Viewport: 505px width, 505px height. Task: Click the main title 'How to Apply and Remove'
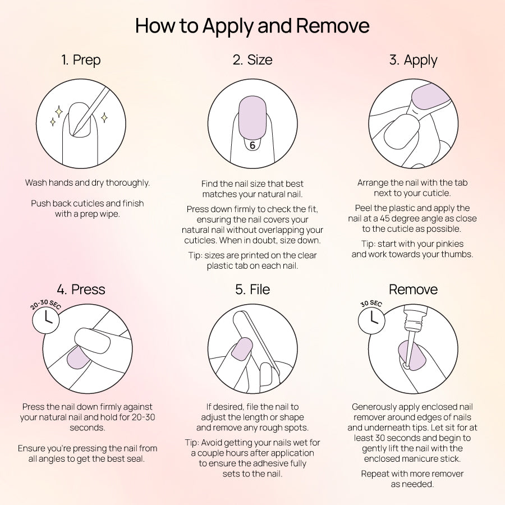(252, 26)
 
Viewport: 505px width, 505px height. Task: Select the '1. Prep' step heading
(81, 60)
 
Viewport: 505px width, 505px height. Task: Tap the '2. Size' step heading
(252, 60)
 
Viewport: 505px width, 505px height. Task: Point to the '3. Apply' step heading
(413, 60)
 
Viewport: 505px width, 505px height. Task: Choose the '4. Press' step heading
(81, 289)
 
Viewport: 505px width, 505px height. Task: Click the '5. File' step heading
(252, 289)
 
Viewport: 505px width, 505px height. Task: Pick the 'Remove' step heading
(413, 289)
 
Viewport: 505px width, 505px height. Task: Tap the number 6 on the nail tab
(252, 145)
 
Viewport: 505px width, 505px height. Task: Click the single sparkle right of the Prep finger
(104, 118)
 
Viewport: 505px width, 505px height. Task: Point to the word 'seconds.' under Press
(88, 428)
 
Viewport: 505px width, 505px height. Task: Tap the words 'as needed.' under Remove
(412, 484)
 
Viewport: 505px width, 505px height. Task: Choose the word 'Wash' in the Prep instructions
(36, 182)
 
